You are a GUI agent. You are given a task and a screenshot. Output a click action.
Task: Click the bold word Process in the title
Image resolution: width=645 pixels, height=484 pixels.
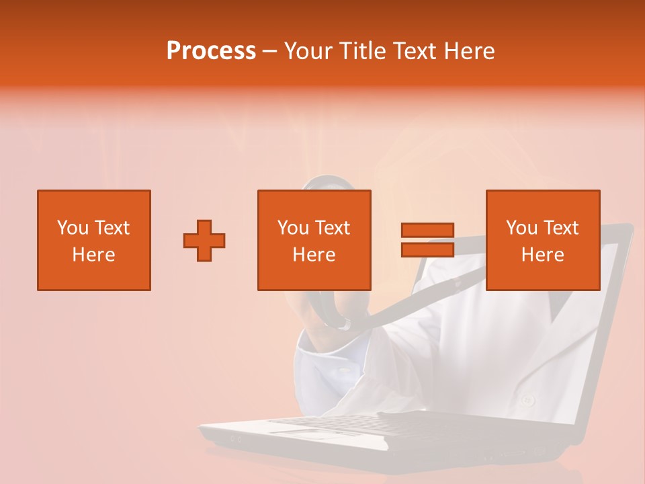[211, 51]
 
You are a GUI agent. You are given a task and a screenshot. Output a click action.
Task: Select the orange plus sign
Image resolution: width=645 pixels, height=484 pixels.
[204, 240]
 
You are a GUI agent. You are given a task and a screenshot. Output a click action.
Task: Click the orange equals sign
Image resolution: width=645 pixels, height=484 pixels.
[427, 240]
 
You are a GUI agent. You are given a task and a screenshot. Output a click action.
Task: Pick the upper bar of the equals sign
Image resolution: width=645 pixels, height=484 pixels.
[427, 231]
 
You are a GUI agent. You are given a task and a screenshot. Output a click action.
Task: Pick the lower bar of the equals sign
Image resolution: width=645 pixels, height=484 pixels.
[427, 249]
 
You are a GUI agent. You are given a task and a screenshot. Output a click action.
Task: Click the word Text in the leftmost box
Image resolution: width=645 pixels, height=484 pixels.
[112, 228]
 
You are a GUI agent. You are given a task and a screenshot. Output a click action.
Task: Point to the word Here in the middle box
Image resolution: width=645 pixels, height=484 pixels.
[314, 255]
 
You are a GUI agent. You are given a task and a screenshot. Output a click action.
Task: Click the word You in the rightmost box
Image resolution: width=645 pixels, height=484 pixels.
[521, 228]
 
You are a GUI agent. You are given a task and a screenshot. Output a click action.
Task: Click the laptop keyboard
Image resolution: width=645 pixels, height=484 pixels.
[336, 424]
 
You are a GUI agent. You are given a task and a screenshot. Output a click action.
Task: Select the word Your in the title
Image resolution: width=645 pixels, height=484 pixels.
[309, 51]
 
